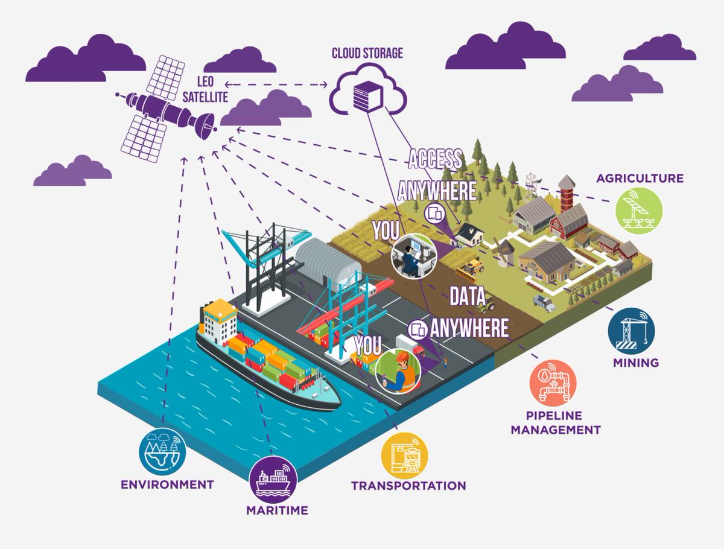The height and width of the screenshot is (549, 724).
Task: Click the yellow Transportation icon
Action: pyautogui.click(x=405, y=456)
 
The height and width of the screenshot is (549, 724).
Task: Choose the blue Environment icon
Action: pyautogui.click(x=162, y=452)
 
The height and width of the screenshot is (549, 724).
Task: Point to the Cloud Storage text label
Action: pyautogui.click(x=367, y=54)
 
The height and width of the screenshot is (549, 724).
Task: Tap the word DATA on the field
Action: pyautogui.click(x=468, y=297)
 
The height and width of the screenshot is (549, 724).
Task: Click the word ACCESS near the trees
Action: pyautogui.click(x=435, y=160)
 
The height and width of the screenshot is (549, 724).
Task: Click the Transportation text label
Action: pyautogui.click(x=408, y=486)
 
